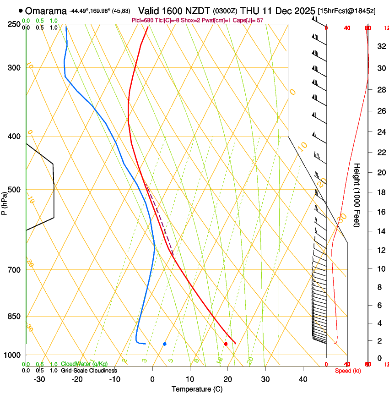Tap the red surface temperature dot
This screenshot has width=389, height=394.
click(226, 344)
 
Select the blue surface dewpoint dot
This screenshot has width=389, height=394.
click(165, 344)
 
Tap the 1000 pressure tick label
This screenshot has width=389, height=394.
click(13, 355)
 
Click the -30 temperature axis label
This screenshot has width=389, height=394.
click(39, 379)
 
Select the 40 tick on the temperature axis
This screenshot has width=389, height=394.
click(303, 379)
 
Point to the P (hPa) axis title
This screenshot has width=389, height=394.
click(4, 202)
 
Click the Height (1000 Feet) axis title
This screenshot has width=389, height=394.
click(357, 195)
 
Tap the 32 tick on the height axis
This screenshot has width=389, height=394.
click(380, 46)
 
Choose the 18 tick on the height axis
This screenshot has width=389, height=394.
click(380, 192)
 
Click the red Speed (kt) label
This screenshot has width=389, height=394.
click(348, 371)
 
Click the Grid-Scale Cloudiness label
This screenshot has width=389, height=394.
click(89, 371)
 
